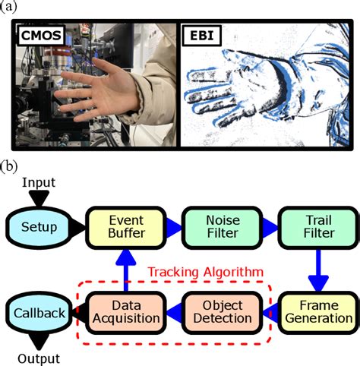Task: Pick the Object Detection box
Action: click(222, 312)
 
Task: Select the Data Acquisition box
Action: click(127, 312)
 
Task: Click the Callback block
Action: click(38, 312)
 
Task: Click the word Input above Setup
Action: click(38, 183)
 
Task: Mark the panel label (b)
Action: click(11, 165)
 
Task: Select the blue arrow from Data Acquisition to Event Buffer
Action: click(127, 267)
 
